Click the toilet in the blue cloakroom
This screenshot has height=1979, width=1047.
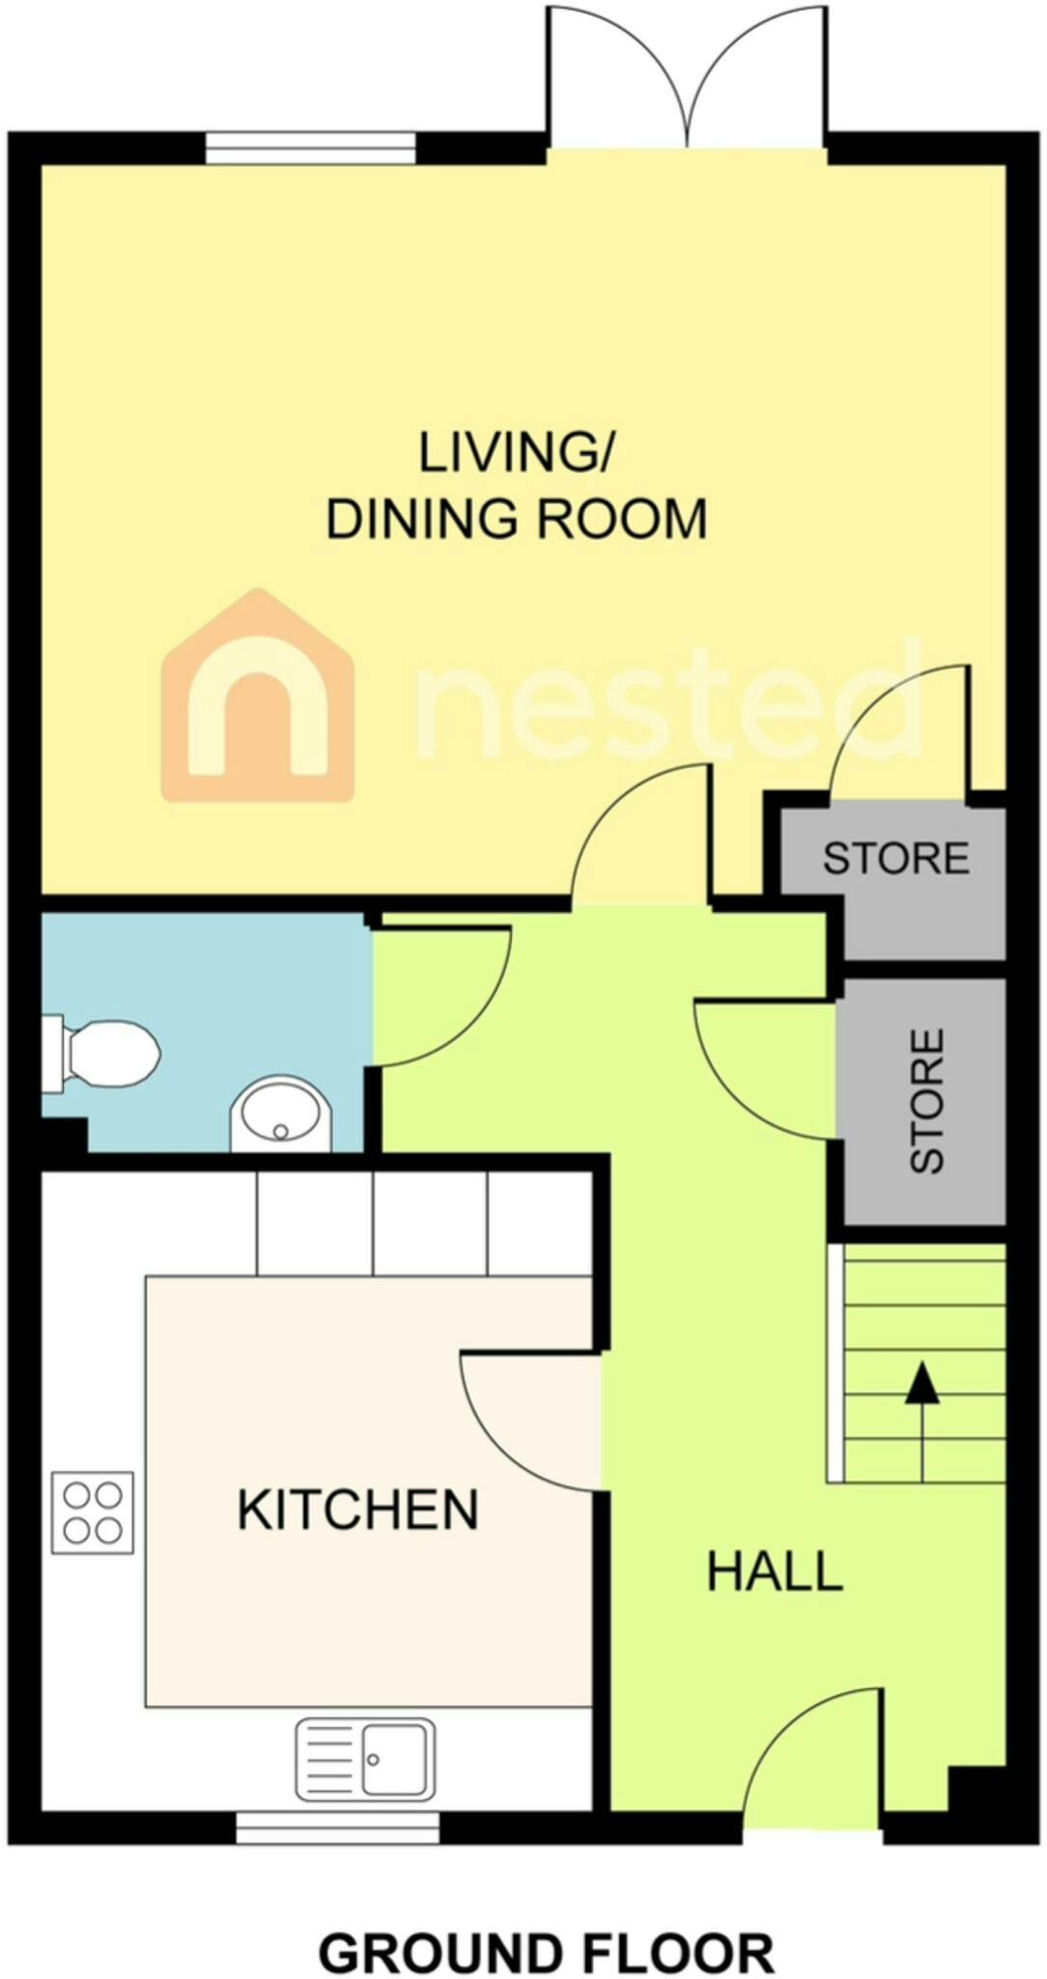click(x=100, y=1053)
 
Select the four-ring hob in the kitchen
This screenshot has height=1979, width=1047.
click(x=93, y=1512)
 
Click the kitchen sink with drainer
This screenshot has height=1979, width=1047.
click(x=365, y=1760)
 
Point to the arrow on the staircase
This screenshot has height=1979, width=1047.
click(x=922, y=1421)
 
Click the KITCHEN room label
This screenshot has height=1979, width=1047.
click(x=357, y=1510)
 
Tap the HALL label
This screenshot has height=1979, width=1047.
click(x=775, y=1572)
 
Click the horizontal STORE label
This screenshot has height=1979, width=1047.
click(x=895, y=858)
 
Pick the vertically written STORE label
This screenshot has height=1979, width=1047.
click(x=926, y=1101)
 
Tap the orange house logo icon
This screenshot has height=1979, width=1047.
click(x=258, y=696)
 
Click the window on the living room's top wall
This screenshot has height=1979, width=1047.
click(x=311, y=149)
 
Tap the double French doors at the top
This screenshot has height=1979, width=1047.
click(x=688, y=78)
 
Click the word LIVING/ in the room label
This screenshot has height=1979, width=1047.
click(x=516, y=452)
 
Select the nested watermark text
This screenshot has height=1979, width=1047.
click(x=666, y=698)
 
